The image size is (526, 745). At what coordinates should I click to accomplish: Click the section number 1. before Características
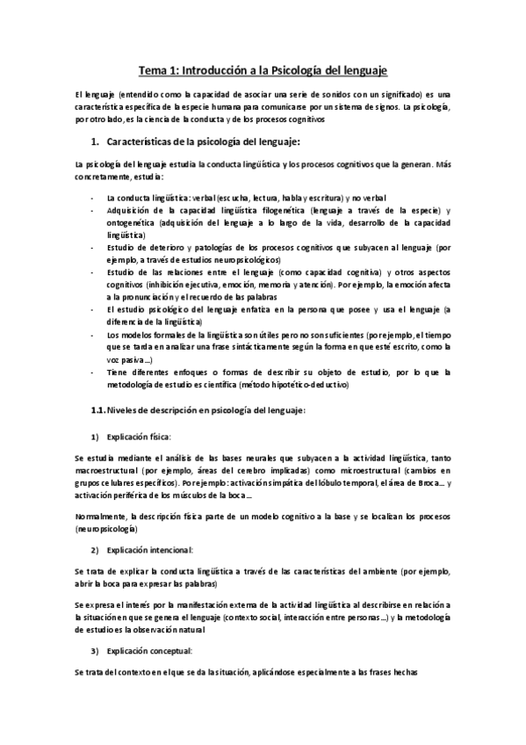coord(96,141)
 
